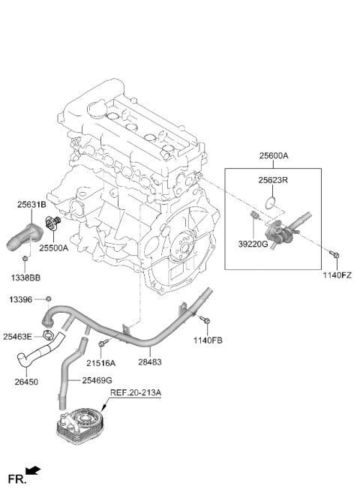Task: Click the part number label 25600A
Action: point(274,156)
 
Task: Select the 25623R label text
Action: point(273,181)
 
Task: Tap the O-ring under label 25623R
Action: point(270,203)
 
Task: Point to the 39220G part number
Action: point(253,244)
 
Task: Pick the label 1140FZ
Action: point(337,276)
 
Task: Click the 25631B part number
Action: point(31,205)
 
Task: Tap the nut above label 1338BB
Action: point(25,259)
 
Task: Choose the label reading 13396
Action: point(21,300)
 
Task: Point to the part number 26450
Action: point(26,382)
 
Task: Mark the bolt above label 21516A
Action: point(103,343)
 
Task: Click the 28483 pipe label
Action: point(150,362)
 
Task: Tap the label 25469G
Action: point(97,380)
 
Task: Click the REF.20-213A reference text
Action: point(135,393)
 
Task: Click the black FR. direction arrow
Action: point(33,470)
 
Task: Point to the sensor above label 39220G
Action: point(254,215)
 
